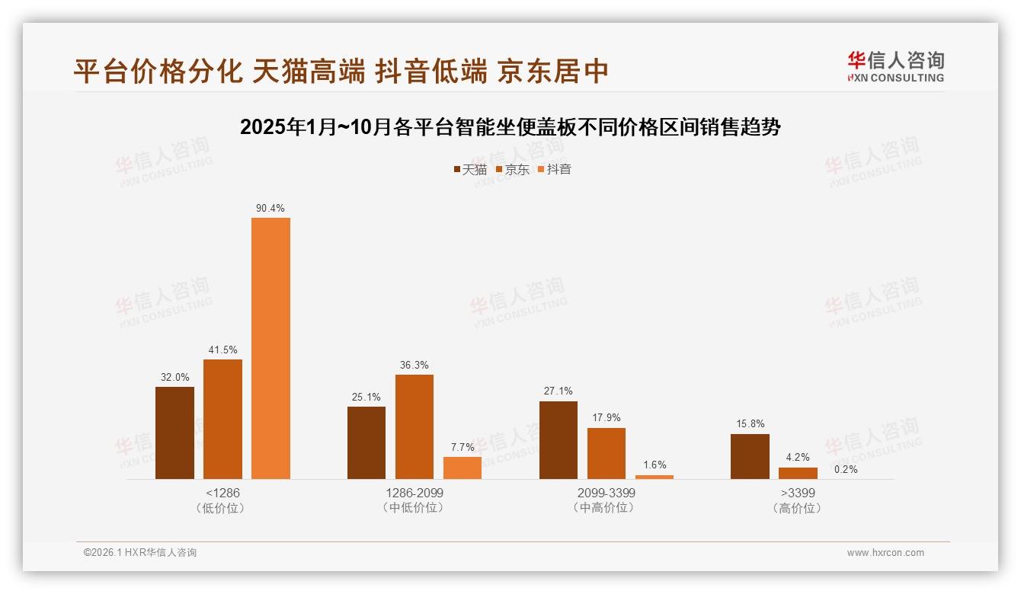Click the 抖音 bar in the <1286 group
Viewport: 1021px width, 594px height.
tap(270, 348)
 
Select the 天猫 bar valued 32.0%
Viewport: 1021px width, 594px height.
tap(174, 433)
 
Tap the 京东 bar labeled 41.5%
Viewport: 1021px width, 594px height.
tap(222, 419)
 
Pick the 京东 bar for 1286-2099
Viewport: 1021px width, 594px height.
tap(414, 426)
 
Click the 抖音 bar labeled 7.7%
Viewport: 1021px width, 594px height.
tap(462, 468)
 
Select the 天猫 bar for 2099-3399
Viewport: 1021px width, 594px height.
tap(559, 440)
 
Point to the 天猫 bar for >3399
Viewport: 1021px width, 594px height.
tap(750, 456)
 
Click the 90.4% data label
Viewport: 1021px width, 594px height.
tap(270, 208)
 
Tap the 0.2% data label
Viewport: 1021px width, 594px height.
tap(846, 469)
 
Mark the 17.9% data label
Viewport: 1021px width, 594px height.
tap(607, 417)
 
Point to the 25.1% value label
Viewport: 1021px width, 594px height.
tap(366, 397)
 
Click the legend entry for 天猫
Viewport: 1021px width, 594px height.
tap(470, 169)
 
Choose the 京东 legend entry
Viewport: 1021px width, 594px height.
tap(513, 169)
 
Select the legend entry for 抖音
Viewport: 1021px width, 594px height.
tap(555, 169)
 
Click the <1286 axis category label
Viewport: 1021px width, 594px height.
tap(222, 493)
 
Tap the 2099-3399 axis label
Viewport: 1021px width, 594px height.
tap(607, 493)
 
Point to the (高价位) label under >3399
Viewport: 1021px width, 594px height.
tap(798, 508)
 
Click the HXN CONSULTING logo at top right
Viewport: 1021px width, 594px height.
tap(895, 66)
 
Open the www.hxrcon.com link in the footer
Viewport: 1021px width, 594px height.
tap(885, 553)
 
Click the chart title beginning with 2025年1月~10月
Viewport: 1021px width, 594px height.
tap(510, 127)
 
